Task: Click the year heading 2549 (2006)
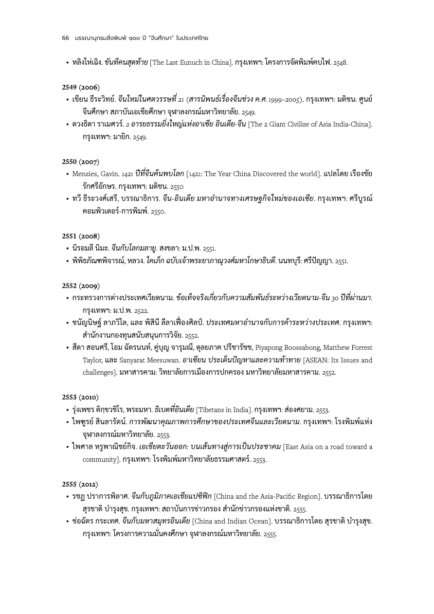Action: point(81,87)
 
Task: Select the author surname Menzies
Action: point(84,174)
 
